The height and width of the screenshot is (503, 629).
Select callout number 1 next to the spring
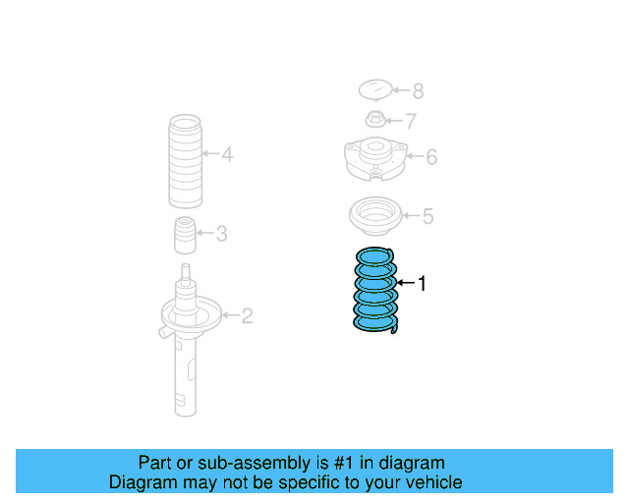tap(423, 284)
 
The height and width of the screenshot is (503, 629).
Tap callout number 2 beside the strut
tap(247, 315)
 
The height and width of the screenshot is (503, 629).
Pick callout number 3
tap(221, 233)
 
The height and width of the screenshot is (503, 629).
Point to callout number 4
tap(226, 154)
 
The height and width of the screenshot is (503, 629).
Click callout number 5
tap(428, 216)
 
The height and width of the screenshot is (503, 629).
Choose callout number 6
tap(430, 156)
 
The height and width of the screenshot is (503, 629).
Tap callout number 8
tap(418, 91)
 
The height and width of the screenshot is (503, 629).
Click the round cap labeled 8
tap(374, 90)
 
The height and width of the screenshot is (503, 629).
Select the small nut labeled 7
tap(373, 121)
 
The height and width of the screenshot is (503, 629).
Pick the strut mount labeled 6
tap(372, 158)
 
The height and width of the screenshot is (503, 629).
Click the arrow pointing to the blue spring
tap(404, 284)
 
